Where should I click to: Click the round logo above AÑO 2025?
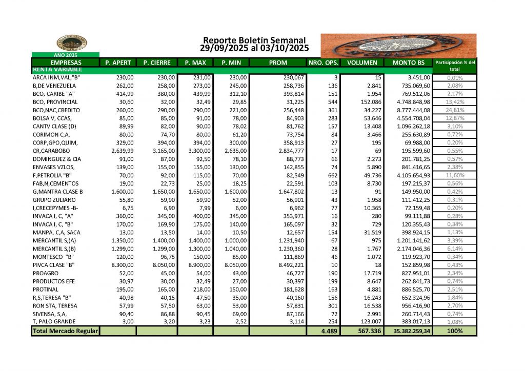pyautogui.click(x=65, y=43)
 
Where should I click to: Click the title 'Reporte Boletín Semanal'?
pyautogui.click(x=254, y=40)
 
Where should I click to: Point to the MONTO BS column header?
pyautogui.click(x=408, y=63)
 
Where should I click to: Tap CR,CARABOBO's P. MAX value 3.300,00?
pyautogui.click(x=195, y=151)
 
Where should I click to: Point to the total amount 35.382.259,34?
pyautogui.click(x=408, y=331)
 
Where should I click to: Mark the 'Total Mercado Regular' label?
pyautogui.click(x=65, y=331)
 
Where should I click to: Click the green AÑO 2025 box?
pyautogui.click(x=65, y=54)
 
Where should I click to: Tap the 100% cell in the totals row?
pyautogui.click(x=454, y=331)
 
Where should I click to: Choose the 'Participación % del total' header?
pyautogui.click(x=454, y=65)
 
